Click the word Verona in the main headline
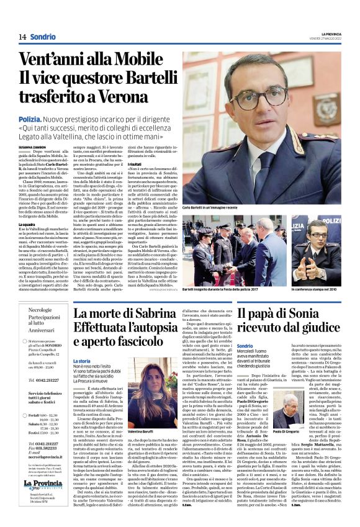tap(120, 97)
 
